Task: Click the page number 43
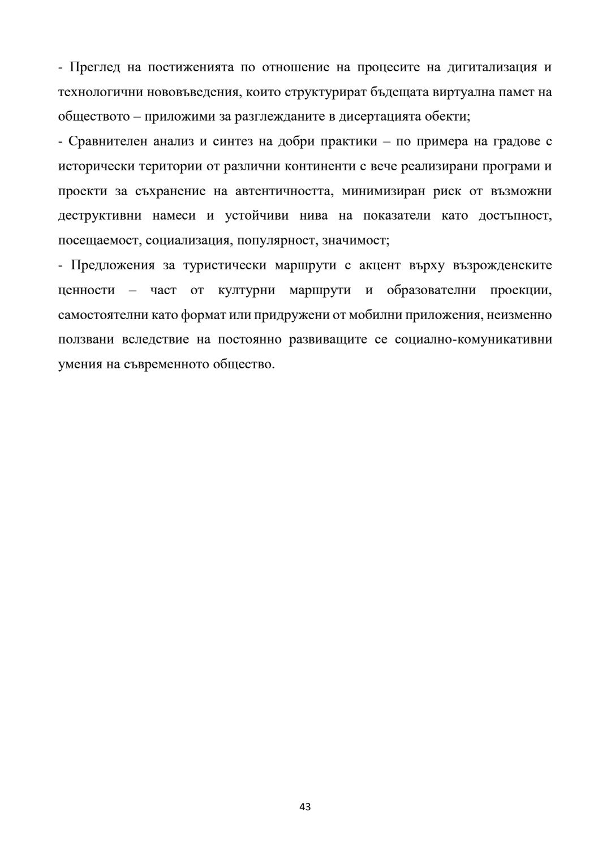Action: point(305,807)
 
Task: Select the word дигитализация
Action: point(492,68)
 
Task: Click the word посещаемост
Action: point(100,240)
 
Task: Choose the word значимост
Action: point(355,240)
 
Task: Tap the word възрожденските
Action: point(503,265)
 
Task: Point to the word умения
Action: point(80,364)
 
